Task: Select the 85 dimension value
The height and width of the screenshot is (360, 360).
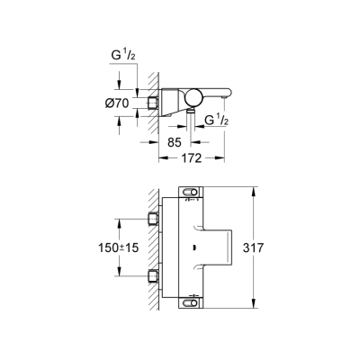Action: click(x=176, y=141)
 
